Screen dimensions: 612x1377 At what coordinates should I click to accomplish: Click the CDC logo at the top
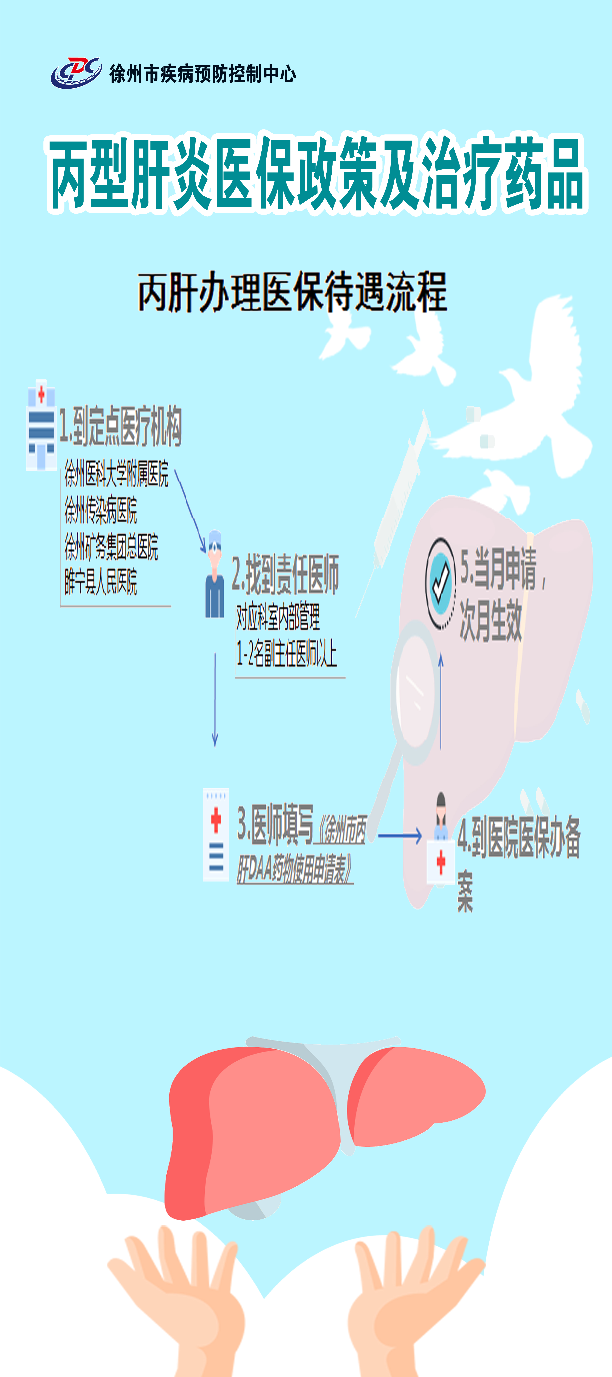pos(76,72)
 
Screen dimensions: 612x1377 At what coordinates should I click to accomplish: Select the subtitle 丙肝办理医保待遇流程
pos(292,292)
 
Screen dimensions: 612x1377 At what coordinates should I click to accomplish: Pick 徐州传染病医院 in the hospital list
pos(101,510)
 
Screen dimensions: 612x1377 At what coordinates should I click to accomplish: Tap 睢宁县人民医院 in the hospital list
pos(101,581)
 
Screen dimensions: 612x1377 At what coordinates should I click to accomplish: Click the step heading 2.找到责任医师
pos(285,575)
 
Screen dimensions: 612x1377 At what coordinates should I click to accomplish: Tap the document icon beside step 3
pos(216,834)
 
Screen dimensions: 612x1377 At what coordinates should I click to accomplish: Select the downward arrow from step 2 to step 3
pos(215,699)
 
